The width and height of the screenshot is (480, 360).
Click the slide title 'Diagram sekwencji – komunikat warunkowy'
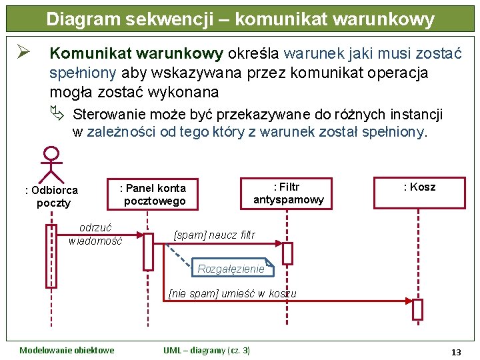[x=240, y=19]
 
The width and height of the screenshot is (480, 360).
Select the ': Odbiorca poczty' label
[x=51, y=197]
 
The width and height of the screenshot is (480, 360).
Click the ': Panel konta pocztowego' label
[x=153, y=194]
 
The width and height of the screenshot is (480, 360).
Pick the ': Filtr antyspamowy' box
[x=289, y=193]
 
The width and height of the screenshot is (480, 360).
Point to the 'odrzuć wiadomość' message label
[x=95, y=234]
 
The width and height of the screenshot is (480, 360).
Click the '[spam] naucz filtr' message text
[x=214, y=235]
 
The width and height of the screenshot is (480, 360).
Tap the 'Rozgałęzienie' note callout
[x=231, y=268]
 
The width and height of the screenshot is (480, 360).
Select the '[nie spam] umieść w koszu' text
[x=233, y=293]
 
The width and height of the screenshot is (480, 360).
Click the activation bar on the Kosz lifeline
[x=418, y=309]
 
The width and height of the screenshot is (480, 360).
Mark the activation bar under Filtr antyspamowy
[x=287, y=253]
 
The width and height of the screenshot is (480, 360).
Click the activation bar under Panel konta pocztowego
[x=148, y=251]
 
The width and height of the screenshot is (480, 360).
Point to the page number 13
[x=456, y=351]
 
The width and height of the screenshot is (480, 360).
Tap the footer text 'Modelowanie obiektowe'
[x=67, y=351]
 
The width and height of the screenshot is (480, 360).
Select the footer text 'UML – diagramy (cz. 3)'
[x=207, y=351]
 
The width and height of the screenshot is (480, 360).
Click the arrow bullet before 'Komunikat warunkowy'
[x=27, y=53]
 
